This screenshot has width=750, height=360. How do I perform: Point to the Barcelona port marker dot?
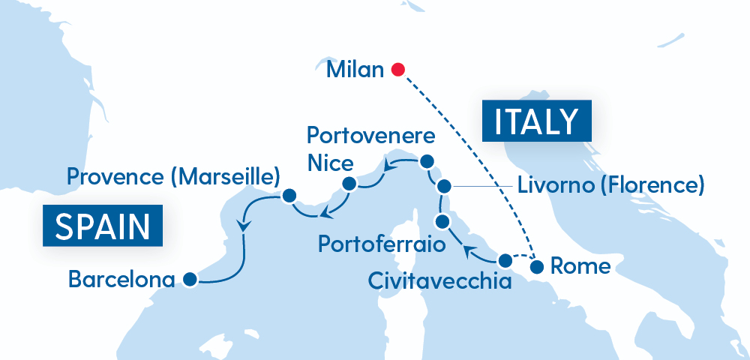pyautogui.click(x=189, y=280)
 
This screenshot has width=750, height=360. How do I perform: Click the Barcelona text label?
pyautogui.click(x=121, y=280)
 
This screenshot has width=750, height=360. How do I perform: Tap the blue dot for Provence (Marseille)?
pyautogui.click(x=287, y=197)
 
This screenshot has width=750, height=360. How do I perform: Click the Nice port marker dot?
pyautogui.click(x=349, y=184)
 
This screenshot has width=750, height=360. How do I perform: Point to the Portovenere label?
pyautogui.click(x=371, y=137)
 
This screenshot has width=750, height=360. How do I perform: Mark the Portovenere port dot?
pyautogui.click(x=427, y=161)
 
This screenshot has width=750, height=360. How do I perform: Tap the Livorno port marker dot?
pyautogui.click(x=444, y=186)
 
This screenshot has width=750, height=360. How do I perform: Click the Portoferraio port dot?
pyautogui.click(x=442, y=220)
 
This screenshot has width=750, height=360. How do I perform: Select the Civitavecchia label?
pyautogui.click(x=439, y=281)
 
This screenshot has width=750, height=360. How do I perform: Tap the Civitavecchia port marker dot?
pyautogui.click(x=505, y=261)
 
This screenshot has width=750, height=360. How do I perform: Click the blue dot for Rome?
pyautogui.click(x=537, y=266)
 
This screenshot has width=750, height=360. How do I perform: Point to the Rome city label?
pyautogui.click(x=580, y=266)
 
